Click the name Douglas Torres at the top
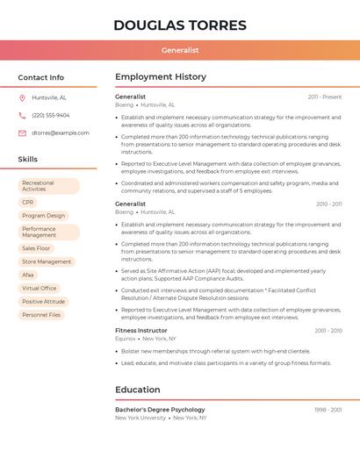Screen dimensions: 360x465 (x=180, y=25)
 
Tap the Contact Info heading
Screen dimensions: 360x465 (x=41, y=77)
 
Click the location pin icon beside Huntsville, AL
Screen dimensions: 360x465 (x=22, y=97)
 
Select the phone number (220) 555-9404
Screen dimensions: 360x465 (x=51, y=115)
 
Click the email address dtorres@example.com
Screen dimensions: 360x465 (x=61, y=132)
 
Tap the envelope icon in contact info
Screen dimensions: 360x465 (x=22, y=132)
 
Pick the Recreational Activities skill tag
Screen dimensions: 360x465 (x=48, y=186)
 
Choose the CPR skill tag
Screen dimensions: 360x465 (x=28, y=202)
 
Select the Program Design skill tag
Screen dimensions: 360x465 (x=43, y=215)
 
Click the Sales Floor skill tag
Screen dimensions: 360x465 (x=36, y=248)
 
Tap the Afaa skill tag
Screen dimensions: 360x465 (x=28, y=275)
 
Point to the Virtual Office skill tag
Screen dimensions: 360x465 (x=40, y=288)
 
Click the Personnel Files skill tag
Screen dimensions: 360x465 (x=41, y=314)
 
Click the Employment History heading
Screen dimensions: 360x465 (x=161, y=77)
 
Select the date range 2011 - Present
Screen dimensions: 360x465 (x=324, y=97)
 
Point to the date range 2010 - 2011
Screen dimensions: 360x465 (x=328, y=204)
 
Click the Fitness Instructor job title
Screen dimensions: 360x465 (x=140, y=331)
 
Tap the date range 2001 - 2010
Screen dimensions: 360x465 (x=328, y=331)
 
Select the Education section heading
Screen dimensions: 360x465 (x=138, y=390)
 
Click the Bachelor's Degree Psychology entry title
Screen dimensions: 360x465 (x=160, y=410)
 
